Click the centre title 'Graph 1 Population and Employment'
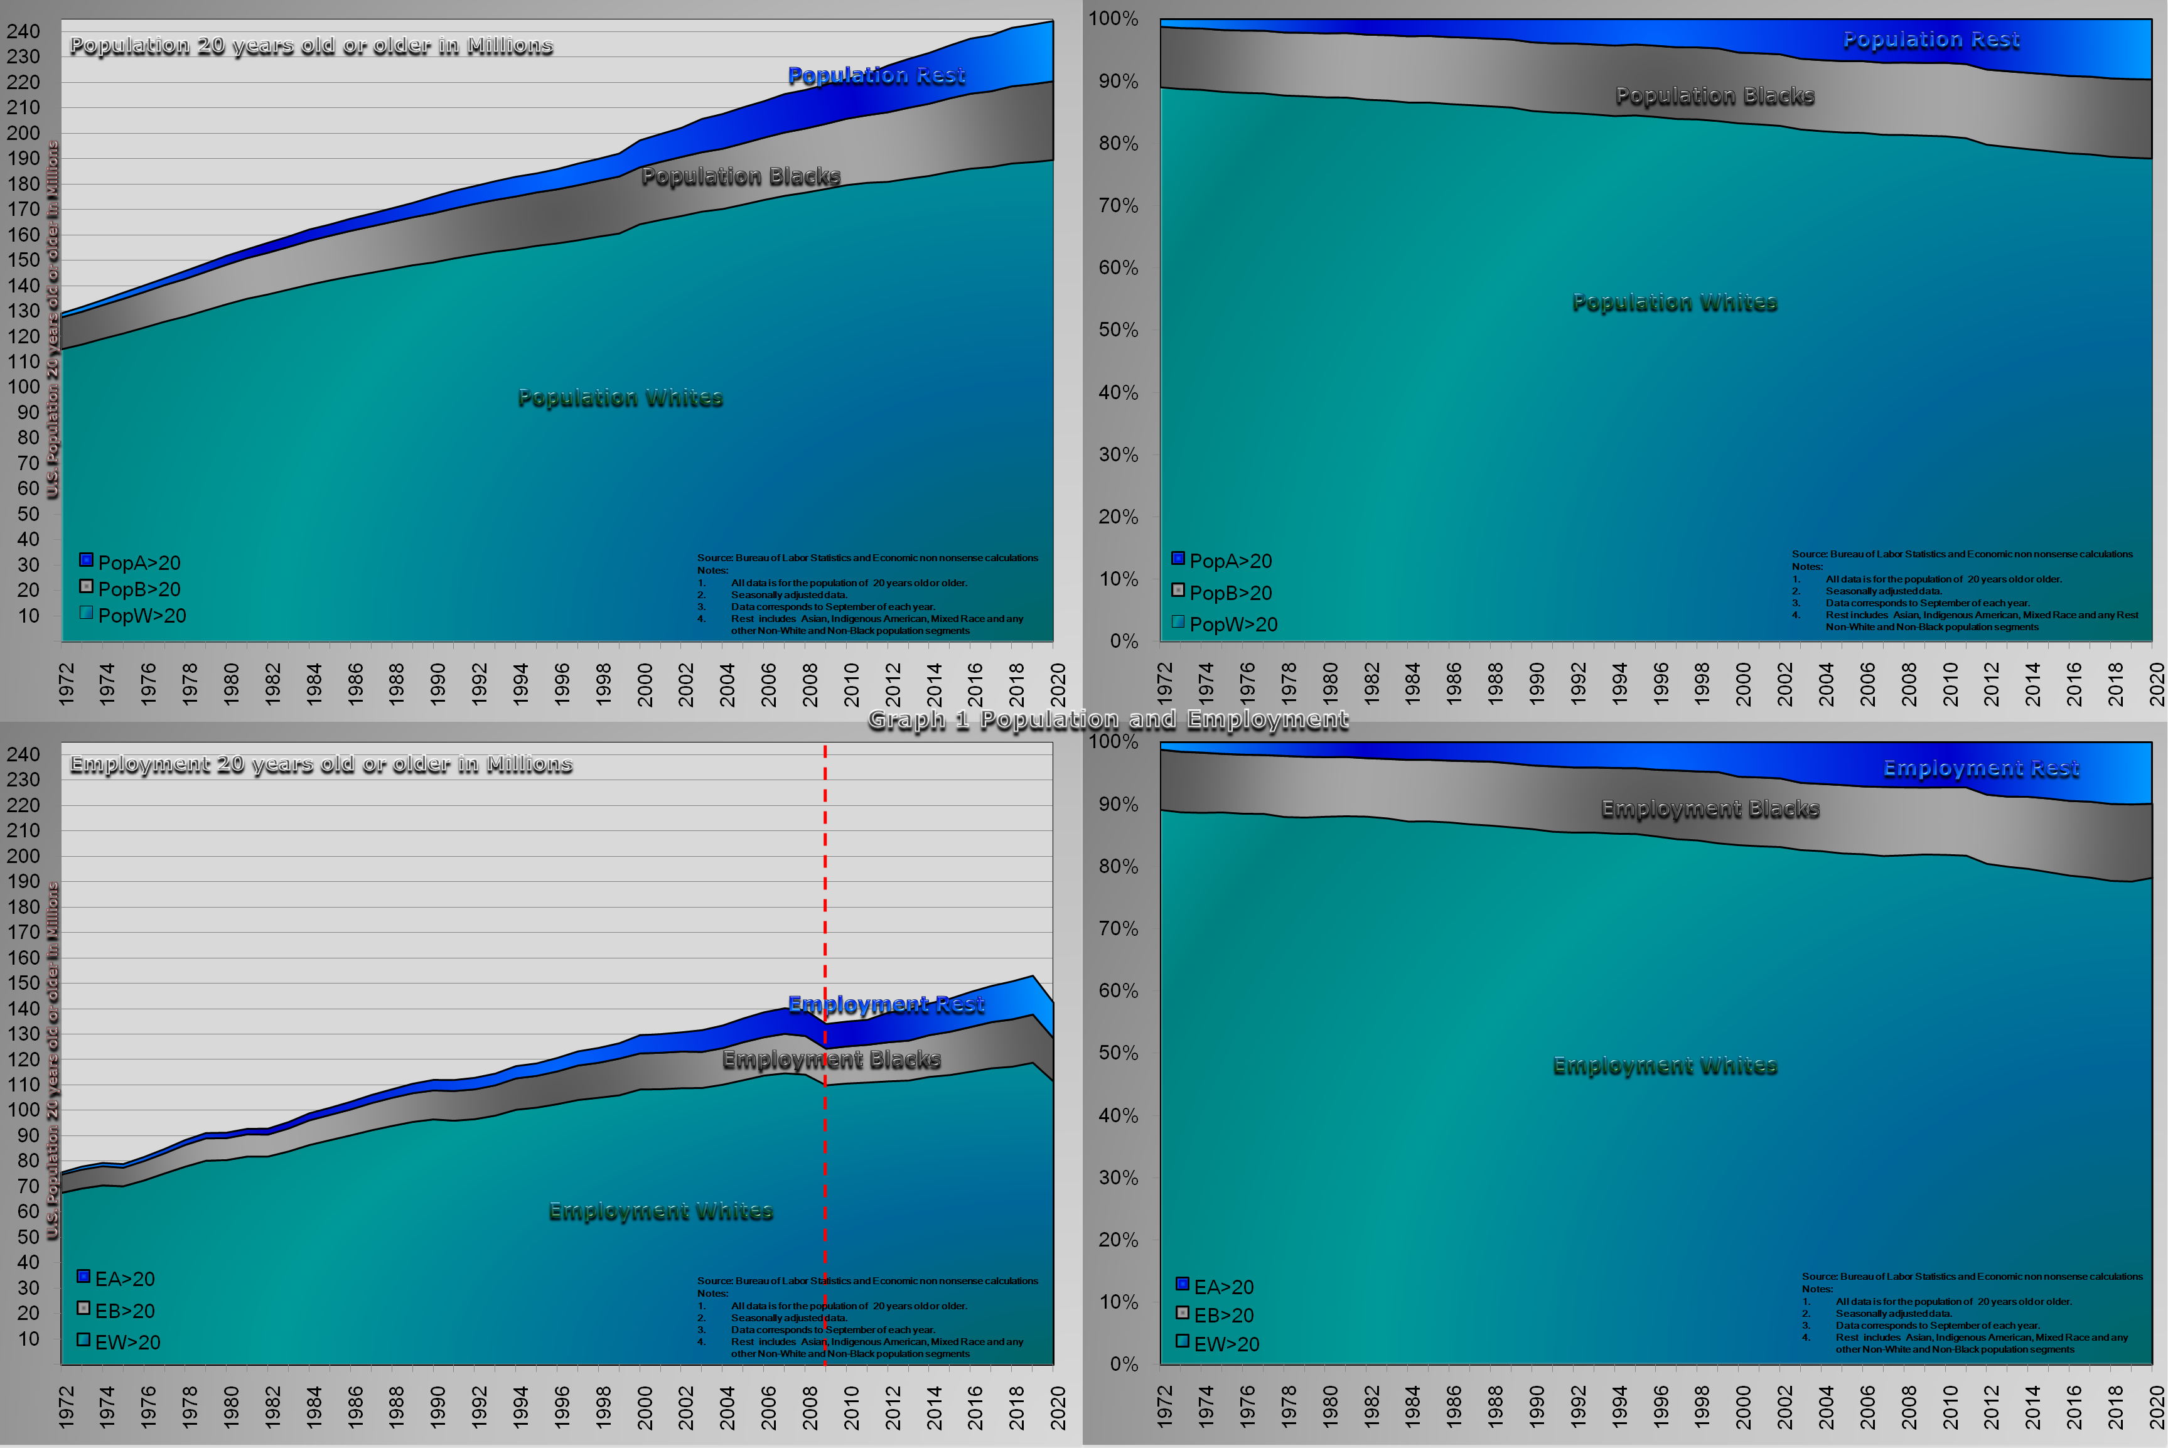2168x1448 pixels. click(1108, 719)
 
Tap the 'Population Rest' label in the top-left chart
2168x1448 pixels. click(876, 76)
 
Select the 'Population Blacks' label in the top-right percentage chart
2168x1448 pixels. click(1715, 96)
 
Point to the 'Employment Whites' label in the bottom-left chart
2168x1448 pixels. click(660, 1211)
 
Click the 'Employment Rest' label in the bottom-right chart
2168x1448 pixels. click(1980, 768)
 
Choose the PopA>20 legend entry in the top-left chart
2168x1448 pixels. click(130, 562)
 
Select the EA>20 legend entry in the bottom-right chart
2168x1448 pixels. click(1215, 1287)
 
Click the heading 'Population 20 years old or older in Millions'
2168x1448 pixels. click(311, 45)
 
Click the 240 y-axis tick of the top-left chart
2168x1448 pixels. click(23, 31)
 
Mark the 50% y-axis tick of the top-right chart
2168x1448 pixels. click(1117, 330)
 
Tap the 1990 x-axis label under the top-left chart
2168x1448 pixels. click(437, 684)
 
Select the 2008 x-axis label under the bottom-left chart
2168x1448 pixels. click(810, 1407)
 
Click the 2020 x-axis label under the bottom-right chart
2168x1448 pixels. click(2157, 1407)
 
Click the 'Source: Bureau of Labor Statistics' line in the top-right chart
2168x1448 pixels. click(1962, 554)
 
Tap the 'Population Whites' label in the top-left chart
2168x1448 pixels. click(620, 398)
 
